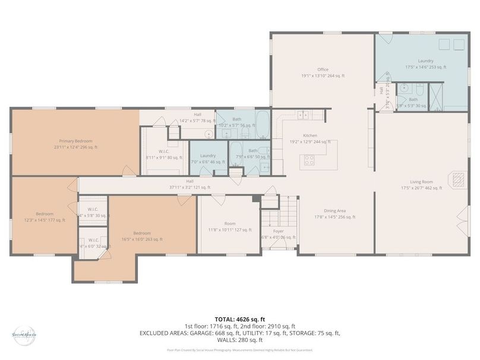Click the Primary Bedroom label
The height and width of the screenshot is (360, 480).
(x=75, y=141)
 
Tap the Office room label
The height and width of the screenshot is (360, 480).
(x=323, y=70)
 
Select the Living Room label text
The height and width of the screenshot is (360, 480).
(x=421, y=182)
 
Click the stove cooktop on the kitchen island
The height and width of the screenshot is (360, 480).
(x=310, y=159)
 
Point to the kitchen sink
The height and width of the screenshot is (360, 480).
(x=303, y=114)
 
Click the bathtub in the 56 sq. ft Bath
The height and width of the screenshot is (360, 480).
(x=263, y=121)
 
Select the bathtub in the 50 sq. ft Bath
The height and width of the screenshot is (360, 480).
(x=235, y=153)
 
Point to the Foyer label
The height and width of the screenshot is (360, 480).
(x=277, y=231)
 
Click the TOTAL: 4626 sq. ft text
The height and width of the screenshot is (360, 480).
(x=240, y=320)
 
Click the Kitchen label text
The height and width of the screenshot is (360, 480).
(x=310, y=135)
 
